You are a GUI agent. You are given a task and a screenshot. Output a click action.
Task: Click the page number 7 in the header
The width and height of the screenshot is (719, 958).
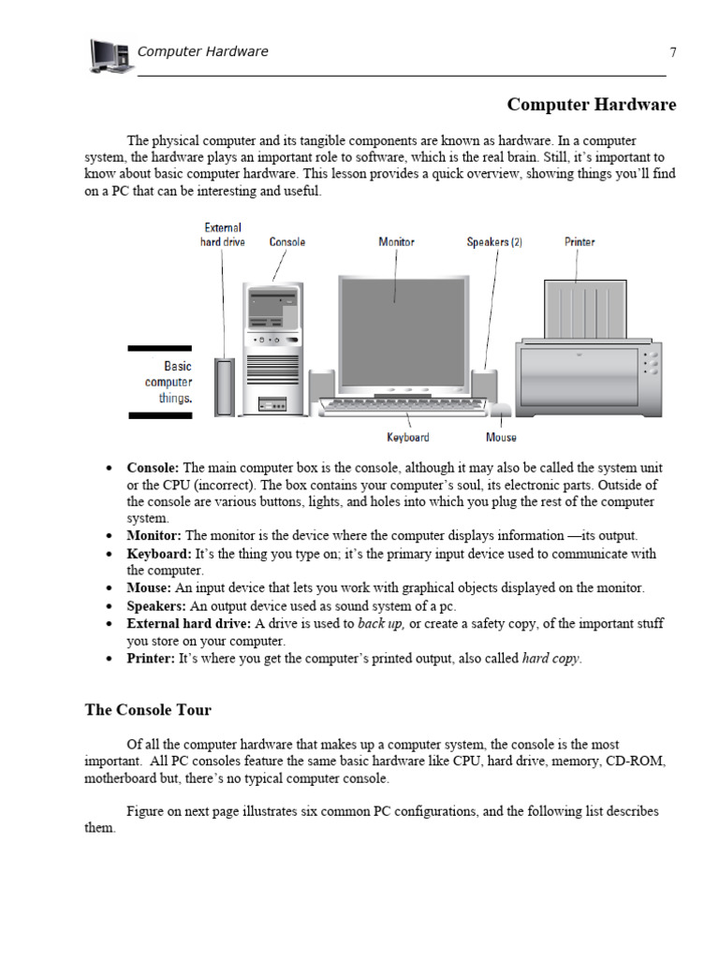672,52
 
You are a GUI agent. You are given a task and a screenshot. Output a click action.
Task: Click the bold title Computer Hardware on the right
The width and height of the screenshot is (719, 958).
591,105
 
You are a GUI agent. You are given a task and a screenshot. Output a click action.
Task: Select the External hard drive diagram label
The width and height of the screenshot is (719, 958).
222,235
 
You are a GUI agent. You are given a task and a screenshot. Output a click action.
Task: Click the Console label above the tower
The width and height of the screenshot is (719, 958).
287,242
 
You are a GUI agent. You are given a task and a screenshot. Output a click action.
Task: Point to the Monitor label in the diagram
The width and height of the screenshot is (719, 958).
396,242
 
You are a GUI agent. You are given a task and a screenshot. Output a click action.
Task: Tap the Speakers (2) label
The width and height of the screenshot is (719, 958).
494,242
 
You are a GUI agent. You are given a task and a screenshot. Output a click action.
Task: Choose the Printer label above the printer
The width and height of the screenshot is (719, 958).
580,242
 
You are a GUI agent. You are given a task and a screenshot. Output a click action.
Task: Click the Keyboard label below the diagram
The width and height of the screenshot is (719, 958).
408,438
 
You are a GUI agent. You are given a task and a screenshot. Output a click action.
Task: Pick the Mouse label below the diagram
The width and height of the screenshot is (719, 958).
501,438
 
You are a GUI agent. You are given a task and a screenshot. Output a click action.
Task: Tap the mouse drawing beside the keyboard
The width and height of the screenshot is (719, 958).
500,408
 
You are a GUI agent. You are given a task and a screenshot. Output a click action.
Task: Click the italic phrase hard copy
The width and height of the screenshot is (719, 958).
550,659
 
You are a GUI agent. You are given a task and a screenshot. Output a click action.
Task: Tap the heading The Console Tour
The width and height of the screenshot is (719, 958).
148,710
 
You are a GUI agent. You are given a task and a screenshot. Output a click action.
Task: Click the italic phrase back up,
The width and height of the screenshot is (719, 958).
381,623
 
